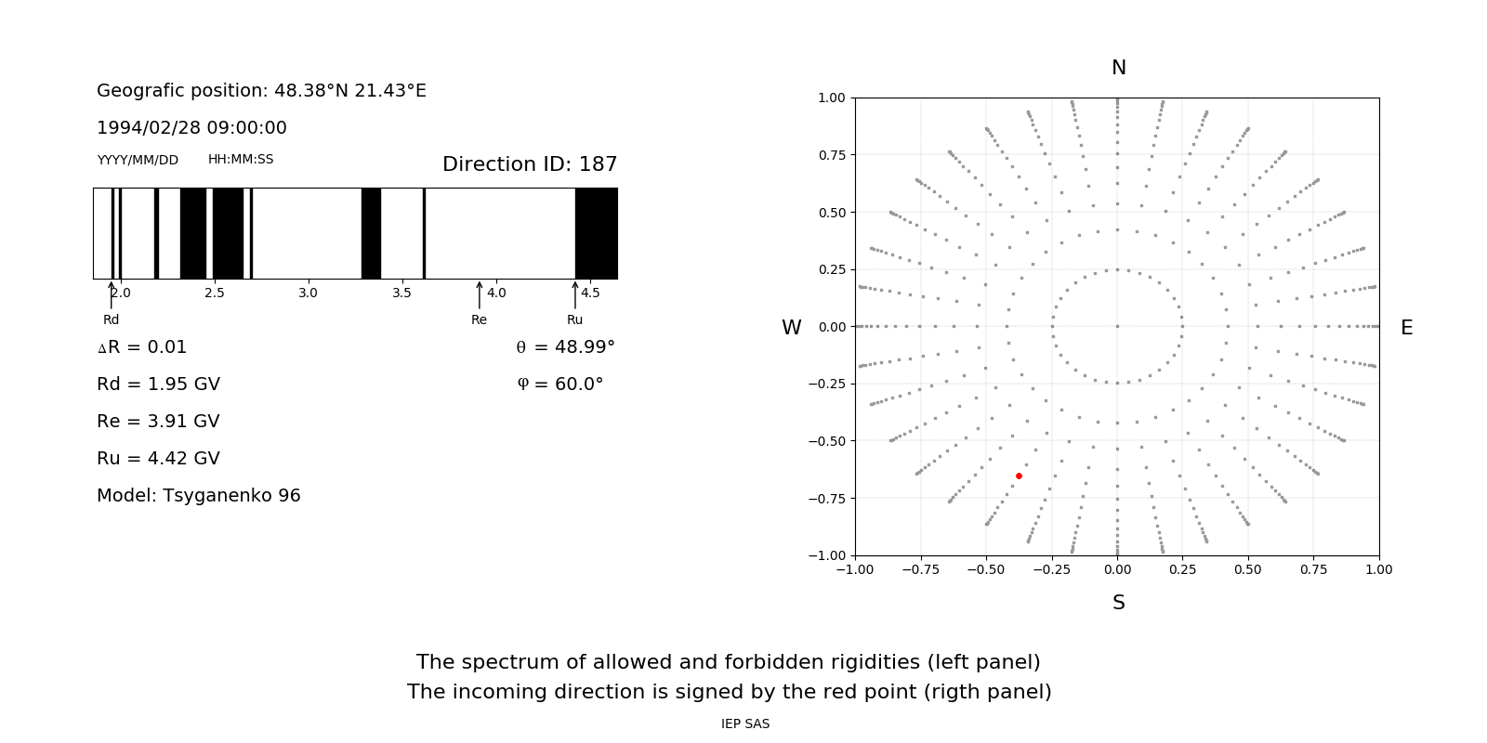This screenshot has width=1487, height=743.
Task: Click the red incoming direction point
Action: click(1019, 476)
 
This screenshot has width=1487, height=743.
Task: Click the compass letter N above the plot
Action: click(1119, 68)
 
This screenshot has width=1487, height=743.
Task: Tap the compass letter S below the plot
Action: click(1119, 603)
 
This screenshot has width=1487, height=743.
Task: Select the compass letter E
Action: click(1406, 328)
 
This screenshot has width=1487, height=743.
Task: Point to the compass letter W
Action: click(791, 328)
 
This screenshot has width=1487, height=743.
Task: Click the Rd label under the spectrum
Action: click(111, 319)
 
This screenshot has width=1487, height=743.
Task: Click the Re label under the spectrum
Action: click(479, 319)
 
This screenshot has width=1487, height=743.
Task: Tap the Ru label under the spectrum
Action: click(574, 319)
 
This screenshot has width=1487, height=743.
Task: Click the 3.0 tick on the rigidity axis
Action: click(308, 293)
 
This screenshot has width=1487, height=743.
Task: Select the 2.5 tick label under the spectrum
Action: click(214, 293)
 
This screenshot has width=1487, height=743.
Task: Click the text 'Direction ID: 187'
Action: click(530, 164)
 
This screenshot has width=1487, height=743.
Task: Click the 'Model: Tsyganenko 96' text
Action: click(199, 496)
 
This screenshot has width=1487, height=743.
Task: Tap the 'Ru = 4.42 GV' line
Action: click(158, 459)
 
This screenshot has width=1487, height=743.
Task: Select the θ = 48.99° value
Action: click(565, 347)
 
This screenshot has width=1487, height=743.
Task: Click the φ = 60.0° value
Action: click(560, 385)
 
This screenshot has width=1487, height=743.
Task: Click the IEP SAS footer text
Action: click(745, 723)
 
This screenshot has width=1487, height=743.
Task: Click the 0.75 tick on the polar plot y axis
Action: click(832, 155)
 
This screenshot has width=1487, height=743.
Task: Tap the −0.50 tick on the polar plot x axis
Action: click(986, 569)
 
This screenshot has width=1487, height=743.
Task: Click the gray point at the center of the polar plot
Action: click(1117, 326)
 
